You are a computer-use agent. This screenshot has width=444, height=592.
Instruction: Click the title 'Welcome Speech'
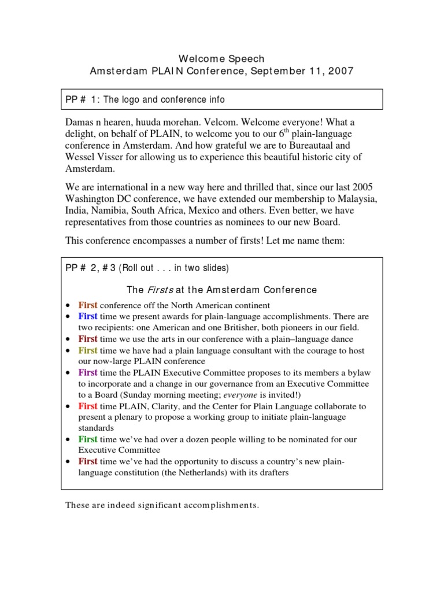pos(221,59)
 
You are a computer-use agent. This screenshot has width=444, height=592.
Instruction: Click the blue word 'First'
pos(88,317)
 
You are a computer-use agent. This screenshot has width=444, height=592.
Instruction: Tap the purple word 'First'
pos(88,373)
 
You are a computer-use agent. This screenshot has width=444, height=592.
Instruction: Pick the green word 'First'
pos(88,439)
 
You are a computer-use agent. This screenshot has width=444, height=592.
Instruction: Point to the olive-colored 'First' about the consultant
pos(88,350)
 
